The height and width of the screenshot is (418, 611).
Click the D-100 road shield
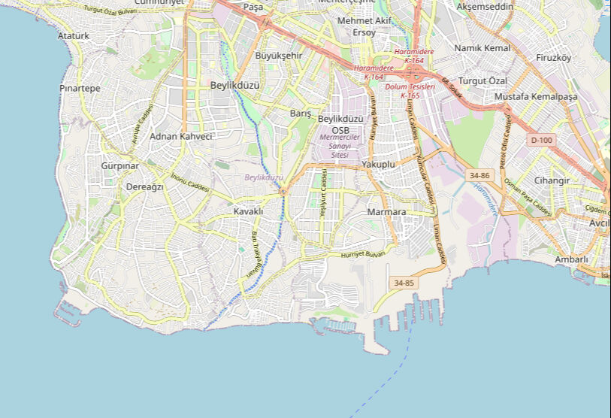click(541, 140)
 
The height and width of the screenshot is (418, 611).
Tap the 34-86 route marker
click(479, 175)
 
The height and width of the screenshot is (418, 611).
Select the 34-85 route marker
click(404, 283)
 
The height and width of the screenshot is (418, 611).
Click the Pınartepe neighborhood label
click(80, 88)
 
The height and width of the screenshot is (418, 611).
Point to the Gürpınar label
click(120, 165)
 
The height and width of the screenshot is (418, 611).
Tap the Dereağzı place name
click(144, 186)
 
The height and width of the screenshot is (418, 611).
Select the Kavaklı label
click(248, 211)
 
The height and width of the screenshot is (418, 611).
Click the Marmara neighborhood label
click(386, 212)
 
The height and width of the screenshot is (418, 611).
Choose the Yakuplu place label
click(378, 163)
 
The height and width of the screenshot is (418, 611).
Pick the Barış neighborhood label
click(301, 113)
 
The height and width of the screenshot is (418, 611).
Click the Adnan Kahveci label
click(181, 136)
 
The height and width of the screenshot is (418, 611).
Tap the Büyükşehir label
click(279, 56)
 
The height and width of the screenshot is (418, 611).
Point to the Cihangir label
click(552, 180)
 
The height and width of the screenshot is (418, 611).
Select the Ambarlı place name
click(571, 259)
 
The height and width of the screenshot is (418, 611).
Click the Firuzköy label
click(554, 58)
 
